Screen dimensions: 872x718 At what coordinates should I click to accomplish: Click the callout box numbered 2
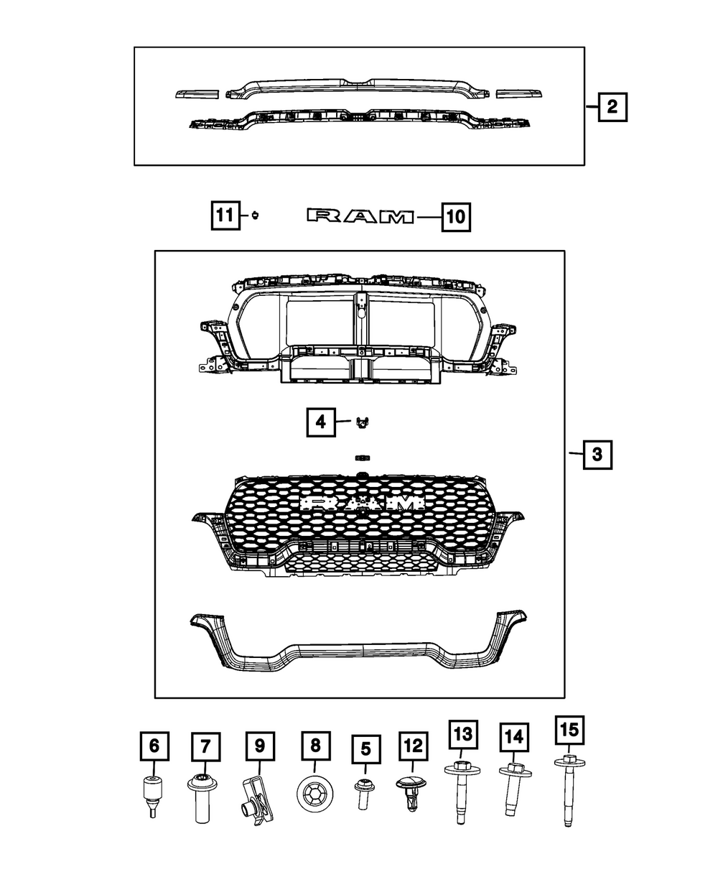[x=612, y=108]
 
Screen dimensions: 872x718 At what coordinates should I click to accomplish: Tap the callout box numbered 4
[x=321, y=422]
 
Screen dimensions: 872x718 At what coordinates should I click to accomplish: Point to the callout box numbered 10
[x=456, y=216]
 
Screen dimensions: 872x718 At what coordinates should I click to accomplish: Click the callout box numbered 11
[x=225, y=215]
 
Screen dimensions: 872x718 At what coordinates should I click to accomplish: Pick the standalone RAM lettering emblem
[x=360, y=217]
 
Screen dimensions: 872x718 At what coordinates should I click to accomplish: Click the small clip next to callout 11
[x=255, y=215]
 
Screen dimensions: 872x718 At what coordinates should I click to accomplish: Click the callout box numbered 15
[x=568, y=730]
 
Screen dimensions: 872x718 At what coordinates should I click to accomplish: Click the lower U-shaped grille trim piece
[x=359, y=650]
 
